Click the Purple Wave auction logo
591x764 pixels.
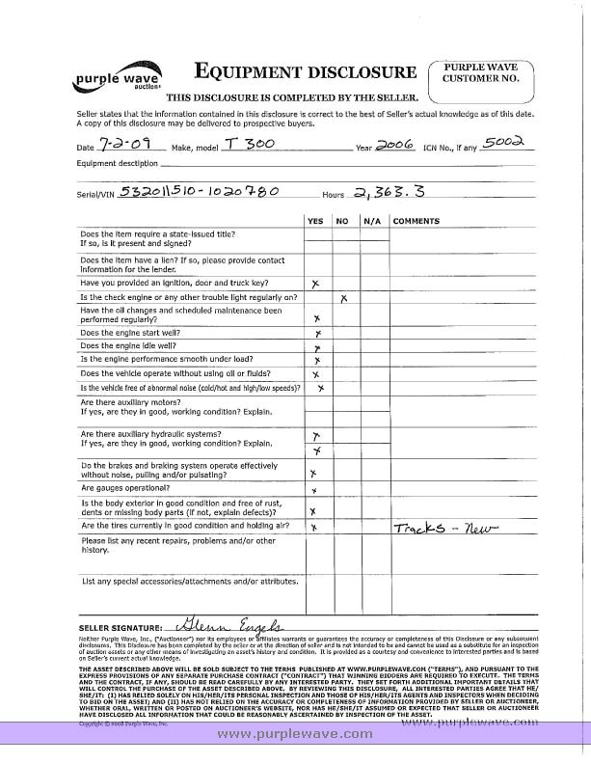coord(117,79)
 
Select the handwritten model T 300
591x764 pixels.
coord(242,143)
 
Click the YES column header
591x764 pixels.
coord(315,221)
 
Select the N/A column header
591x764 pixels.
coord(371,221)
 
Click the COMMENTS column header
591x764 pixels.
coord(416,221)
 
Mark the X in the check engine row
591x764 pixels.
coord(344,298)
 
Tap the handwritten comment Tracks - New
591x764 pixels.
coord(443,529)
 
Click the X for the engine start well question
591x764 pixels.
coord(317,332)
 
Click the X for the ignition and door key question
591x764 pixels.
coord(316,284)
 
